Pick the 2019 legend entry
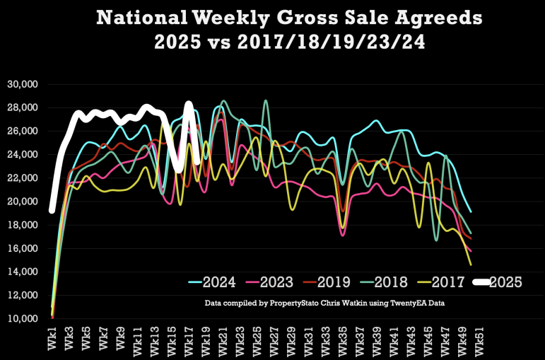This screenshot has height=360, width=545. pos(333,282)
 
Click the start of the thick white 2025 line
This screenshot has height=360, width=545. pos(52,210)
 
